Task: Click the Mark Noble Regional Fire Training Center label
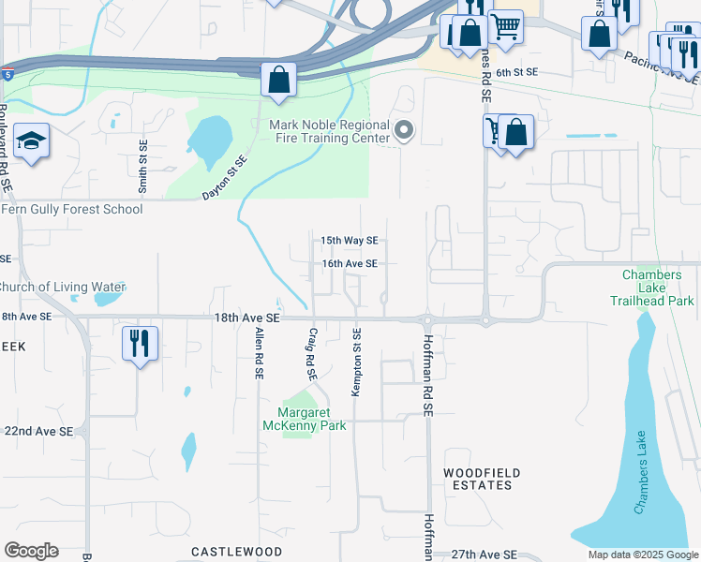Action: tap(329, 131)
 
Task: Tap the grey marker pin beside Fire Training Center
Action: tap(404, 131)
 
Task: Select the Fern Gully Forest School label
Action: tap(71, 209)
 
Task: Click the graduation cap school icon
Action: tap(32, 142)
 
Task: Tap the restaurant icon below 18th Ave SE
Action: tap(140, 343)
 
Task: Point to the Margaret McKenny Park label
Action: tap(312, 419)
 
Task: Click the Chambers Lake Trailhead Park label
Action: tap(658, 288)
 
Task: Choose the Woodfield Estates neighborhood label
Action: tap(478, 479)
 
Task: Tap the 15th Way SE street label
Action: tap(349, 241)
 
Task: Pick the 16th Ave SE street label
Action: tap(350, 264)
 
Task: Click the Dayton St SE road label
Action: tap(225, 178)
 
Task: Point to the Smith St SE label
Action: tap(143, 167)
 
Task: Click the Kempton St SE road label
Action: tap(356, 362)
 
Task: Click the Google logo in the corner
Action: tap(31, 551)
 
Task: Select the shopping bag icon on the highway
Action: tap(278, 80)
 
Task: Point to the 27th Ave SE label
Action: tap(484, 555)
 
